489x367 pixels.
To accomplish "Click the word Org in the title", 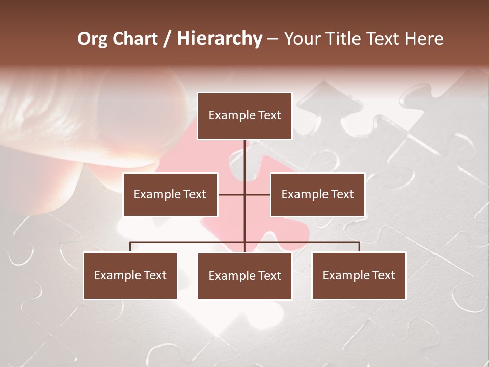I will click(x=92, y=39).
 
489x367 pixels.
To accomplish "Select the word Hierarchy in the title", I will click(x=219, y=39).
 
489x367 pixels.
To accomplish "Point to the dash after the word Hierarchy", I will click(x=273, y=39).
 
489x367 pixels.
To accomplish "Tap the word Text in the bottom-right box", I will click(x=383, y=275).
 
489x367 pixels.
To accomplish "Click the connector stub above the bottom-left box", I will click(x=130, y=247).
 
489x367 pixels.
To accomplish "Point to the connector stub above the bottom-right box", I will click(x=359, y=247).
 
